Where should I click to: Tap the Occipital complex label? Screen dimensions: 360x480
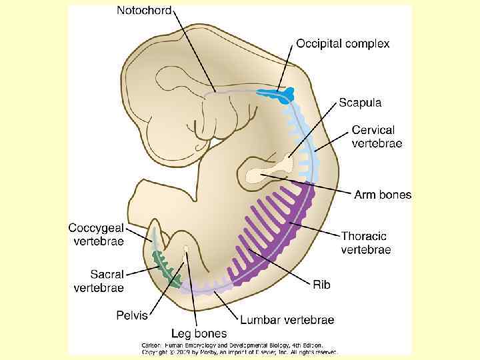[343, 43]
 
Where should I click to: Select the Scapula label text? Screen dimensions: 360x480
[360, 102]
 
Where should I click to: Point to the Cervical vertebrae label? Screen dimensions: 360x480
[377, 137]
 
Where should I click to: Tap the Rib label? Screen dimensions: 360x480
[321, 285]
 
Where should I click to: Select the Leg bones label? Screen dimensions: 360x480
[199, 333]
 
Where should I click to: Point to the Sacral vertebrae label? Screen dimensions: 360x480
[99, 281]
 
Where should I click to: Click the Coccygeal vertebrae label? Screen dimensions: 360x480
[96, 234]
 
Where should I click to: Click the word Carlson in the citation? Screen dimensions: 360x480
[151, 345]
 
